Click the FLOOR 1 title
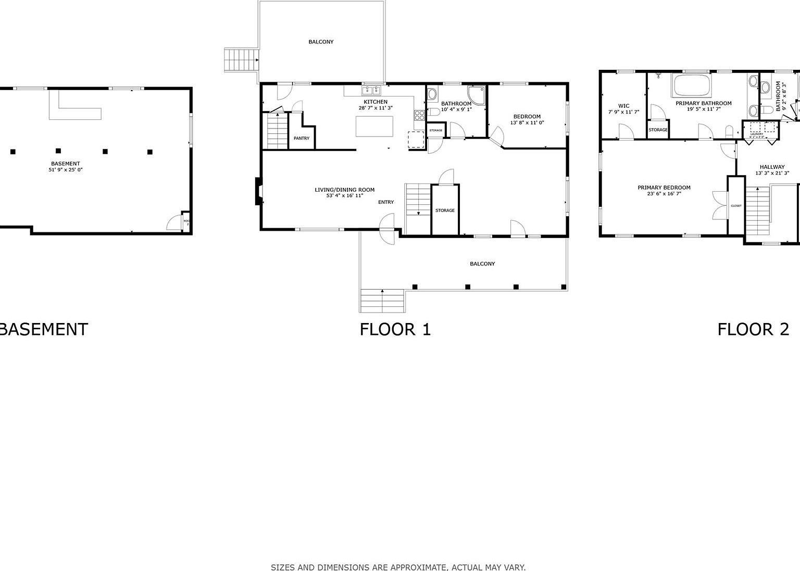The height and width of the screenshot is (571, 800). [x=395, y=329]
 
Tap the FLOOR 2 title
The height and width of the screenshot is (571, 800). [x=753, y=329]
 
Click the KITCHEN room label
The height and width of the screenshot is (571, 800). [x=375, y=102]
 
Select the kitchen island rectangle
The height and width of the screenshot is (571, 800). [x=374, y=126]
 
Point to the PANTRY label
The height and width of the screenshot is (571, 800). [x=301, y=139]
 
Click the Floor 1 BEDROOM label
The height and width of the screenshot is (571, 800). [x=527, y=117]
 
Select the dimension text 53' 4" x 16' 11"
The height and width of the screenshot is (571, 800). [x=344, y=196]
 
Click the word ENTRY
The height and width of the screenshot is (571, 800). [x=386, y=202]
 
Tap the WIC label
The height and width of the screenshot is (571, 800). [x=623, y=106]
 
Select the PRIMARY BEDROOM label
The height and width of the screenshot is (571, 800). [x=664, y=188]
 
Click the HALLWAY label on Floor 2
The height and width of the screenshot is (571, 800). [x=772, y=167]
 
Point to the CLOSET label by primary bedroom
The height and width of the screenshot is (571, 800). [x=736, y=206]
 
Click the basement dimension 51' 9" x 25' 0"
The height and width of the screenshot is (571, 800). [x=65, y=170]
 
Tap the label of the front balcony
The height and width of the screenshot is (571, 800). [x=482, y=264]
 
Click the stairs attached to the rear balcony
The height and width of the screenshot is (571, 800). [x=241, y=60]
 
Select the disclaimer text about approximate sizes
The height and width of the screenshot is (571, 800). [x=398, y=567]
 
